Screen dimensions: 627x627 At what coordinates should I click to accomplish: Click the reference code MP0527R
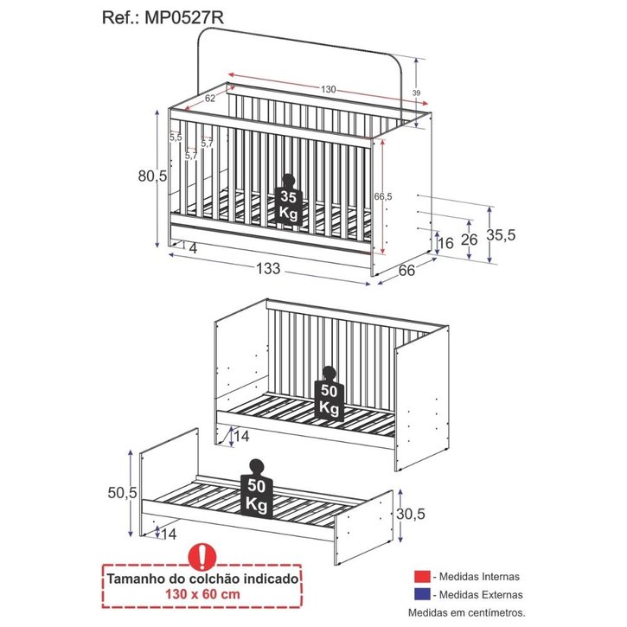[184, 17]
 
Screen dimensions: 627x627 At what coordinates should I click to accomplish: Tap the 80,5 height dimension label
[152, 176]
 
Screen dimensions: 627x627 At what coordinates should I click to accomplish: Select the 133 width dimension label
[268, 268]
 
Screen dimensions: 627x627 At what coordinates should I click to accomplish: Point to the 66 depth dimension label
[406, 271]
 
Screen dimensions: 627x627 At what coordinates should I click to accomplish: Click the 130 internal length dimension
[329, 90]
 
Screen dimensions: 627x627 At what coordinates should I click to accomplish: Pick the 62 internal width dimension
[210, 98]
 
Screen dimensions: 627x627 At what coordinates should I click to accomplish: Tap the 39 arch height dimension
[416, 93]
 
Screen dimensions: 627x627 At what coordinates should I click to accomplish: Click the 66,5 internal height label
[383, 196]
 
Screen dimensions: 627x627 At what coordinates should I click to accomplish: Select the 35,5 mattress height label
[501, 235]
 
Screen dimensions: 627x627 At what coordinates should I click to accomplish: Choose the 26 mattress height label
[470, 240]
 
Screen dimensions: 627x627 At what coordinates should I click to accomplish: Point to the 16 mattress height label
[446, 243]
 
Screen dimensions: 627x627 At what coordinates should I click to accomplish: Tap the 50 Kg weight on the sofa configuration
[329, 393]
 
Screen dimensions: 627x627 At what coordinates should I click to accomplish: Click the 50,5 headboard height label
[122, 493]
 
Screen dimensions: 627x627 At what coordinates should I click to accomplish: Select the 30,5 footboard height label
[411, 514]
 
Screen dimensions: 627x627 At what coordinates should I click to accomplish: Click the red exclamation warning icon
[202, 557]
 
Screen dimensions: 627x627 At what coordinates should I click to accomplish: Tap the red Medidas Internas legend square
[422, 576]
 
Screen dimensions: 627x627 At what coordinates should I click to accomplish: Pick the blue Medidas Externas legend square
[422, 594]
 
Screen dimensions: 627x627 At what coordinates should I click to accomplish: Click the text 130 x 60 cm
[202, 594]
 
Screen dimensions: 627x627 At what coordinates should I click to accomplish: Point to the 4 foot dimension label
[193, 249]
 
